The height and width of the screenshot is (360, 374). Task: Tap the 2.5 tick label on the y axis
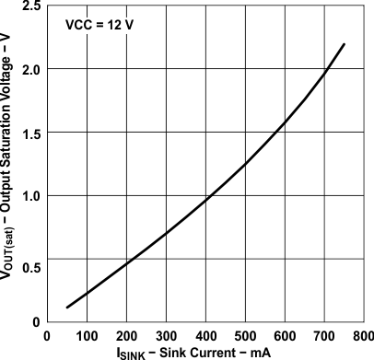(29, 7)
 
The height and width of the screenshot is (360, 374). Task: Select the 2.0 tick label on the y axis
(29, 70)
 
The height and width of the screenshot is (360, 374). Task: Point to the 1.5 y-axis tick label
(29, 134)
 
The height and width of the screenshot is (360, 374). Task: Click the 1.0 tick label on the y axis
(29, 196)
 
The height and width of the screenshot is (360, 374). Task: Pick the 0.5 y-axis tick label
(29, 267)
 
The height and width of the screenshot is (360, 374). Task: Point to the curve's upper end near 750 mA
(344, 44)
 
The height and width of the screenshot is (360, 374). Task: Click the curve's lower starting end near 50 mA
(67, 307)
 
